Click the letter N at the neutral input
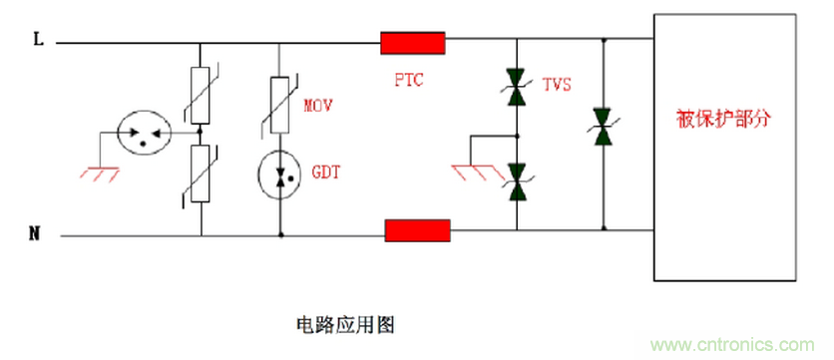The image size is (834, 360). tap(36, 235)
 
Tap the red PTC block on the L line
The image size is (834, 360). tap(412, 43)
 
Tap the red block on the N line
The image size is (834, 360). tap(417, 231)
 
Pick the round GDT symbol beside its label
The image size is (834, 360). tap(281, 174)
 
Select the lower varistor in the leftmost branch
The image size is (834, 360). tap(201, 172)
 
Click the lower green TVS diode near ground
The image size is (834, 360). tap(517, 179)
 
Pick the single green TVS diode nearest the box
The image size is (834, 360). tap(602, 128)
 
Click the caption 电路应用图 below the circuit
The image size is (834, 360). tap(346, 325)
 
